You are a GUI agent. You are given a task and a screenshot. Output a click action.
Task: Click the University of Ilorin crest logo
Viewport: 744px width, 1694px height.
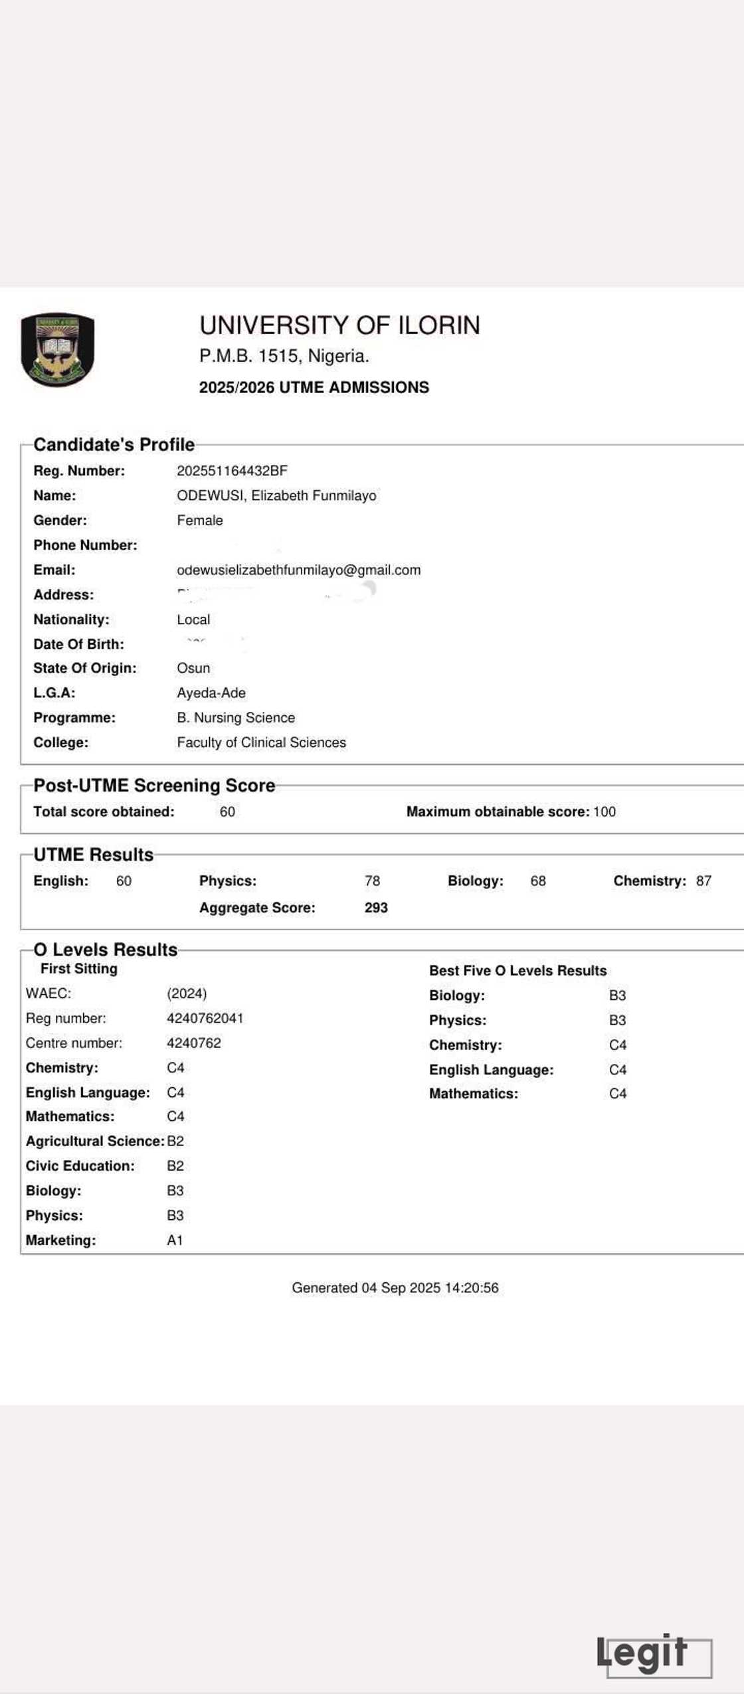click(x=58, y=349)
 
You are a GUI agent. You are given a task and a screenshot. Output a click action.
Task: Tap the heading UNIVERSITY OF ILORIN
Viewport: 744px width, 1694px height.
click(x=339, y=325)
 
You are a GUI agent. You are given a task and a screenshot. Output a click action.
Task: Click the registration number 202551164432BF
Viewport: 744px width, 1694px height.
click(x=232, y=471)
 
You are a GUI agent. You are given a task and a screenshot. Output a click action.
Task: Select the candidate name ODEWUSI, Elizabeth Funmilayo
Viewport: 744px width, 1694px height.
click(x=276, y=495)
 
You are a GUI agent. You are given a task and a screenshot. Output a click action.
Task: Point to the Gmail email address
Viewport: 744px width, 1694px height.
click(x=298, y=570)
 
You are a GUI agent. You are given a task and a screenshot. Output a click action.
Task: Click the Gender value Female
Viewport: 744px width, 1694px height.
click(x=199, y=520)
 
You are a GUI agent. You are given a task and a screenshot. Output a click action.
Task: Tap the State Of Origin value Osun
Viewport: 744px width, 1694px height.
click(x=193, y=668)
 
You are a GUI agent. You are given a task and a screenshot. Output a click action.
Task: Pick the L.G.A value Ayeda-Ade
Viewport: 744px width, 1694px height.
click(x=211, y=693)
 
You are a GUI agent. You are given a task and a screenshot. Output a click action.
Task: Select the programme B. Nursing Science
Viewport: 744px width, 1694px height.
click(x=235, y=717)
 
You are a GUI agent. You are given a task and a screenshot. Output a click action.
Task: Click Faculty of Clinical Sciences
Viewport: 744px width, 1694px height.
click(x=261, y=742)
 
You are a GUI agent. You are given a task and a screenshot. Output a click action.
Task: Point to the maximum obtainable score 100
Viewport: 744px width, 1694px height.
click(x=604, y=811)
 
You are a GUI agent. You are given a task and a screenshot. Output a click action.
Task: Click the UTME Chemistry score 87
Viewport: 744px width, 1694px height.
click(x=703, y=881)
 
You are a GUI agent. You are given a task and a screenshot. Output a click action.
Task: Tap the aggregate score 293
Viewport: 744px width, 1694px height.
click(x=376, y=908)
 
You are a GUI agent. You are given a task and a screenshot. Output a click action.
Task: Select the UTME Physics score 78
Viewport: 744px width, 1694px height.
click(x=372, y=881)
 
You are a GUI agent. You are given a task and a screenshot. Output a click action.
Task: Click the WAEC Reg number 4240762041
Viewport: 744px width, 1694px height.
click(x=205, y=1018)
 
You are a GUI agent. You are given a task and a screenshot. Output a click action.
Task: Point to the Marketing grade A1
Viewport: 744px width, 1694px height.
click(x=175, y=1240)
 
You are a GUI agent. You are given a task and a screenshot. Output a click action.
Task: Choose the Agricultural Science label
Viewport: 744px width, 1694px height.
click(x=94, y=1141)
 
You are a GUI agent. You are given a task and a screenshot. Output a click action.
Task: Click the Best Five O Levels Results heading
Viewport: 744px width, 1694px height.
click(x=517, y=970)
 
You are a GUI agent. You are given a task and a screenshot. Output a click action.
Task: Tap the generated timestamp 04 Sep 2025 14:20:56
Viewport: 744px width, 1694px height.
click(x=430, y=1288)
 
